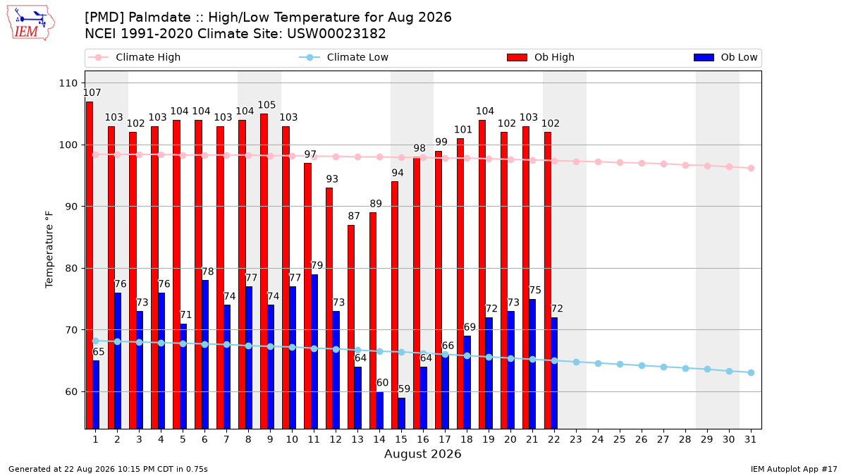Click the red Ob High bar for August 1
pyautogui.click(x=90, y=265)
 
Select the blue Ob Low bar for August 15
pyautogui.click(x=401, y=413)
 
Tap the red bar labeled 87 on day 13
pyautogui.click(x=351, y=327)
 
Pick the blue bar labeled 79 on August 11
pyautogui.click(x=314, y=352)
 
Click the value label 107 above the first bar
pyautogui.click(x=92, y=92)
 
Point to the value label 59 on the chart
pyautogui.click(x=404, y=389)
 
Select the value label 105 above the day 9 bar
pyautogui.click(x=266, y=104)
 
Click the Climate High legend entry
pyautogui.click(x=135, y=57)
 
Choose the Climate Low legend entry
pyautogui.click(x=344, y=57)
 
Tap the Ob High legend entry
pyautogui.click(x=541, y=57)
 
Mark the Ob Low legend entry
pyautogui.click(x=726, y=57)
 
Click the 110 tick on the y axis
pyautogui.click(x=68, y=83)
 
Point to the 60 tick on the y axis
pyautogui.click(x=71, y=392)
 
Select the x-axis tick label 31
pyautogui.click(x=750, y=439)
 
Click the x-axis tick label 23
pyautogui.click(x=575, y=439)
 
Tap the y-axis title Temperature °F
pyautogui.click(x=49, y=250)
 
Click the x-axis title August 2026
pyautogui.click(x=422, y=453)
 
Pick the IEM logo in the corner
pyautogui.click(x=31, y=23)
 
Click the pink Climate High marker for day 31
pyautogui.click(x=752, y=168)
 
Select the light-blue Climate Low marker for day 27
pyautogui.click(x=663, y=367)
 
